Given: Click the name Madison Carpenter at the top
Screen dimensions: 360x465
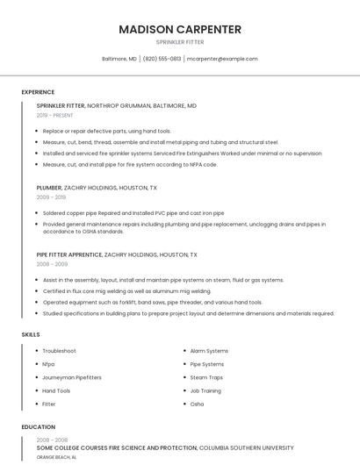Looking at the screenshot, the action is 179,29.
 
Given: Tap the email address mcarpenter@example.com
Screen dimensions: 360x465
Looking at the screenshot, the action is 222,59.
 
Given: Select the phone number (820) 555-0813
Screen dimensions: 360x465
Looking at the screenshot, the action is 162,59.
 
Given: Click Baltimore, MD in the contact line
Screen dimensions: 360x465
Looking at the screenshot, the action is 119,59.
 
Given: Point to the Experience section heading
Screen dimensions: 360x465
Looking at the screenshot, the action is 38,92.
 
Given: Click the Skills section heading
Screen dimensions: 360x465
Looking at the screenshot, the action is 30,334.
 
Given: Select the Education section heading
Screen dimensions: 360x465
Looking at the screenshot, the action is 39,427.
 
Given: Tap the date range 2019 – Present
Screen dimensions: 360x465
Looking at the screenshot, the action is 55,115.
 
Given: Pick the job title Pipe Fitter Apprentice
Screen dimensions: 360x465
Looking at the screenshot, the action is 69,254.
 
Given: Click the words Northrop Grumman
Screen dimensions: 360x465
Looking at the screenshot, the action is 122,105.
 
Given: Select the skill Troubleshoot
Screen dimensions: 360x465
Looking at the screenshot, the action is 60,351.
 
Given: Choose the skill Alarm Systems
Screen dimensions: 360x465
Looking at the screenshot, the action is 209,351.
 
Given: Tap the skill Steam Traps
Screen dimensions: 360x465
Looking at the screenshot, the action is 206,377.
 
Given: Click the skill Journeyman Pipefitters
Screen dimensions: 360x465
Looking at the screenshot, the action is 72,377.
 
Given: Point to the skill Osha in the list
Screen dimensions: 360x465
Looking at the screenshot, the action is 197,404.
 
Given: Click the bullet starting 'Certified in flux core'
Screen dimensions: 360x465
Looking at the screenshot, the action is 126,291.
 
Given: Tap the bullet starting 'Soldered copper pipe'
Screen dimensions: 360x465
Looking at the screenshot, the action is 133,213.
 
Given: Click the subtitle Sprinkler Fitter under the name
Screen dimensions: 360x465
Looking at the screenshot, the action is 179,41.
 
